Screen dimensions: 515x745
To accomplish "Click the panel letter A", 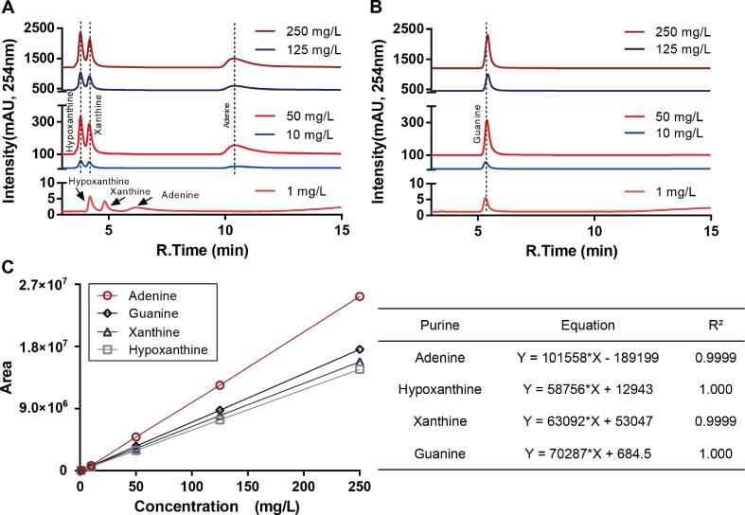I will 8,8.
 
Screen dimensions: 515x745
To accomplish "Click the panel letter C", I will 8,268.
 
